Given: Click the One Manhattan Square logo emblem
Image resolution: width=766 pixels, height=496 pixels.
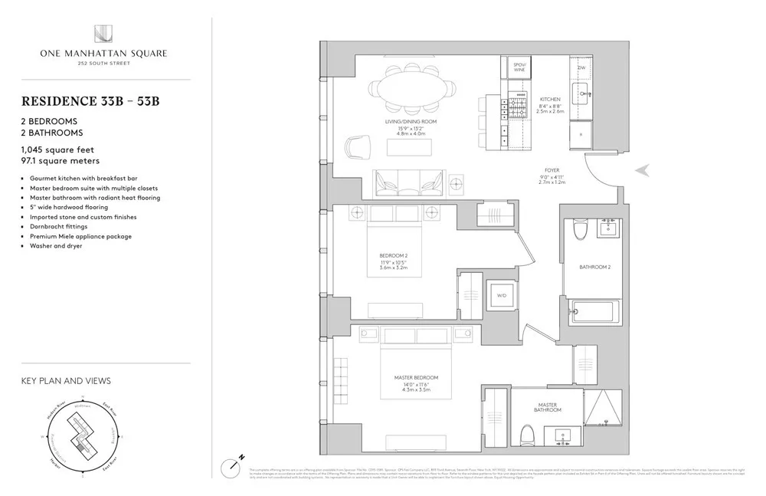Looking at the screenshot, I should tap(103, 34).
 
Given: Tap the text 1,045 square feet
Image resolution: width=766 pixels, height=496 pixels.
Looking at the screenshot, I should tap(58, 149).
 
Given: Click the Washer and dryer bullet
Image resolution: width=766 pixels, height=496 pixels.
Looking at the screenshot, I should tap(57, 246).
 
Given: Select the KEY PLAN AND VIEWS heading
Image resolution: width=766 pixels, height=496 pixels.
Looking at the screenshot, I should tap(66, 380).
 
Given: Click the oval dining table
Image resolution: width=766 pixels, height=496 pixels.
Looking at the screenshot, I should tap(411, 89).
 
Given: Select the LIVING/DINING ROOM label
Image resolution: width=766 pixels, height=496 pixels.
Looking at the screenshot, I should tap(411, 122).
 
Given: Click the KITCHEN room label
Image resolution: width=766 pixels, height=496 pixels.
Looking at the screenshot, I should tap(550, 100).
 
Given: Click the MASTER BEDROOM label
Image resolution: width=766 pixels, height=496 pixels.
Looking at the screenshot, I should tap(417, 378).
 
